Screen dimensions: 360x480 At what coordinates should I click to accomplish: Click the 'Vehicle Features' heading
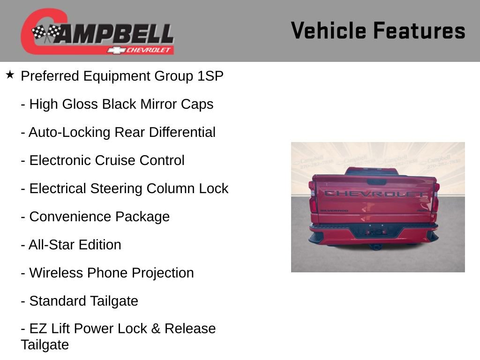tap(378, 31)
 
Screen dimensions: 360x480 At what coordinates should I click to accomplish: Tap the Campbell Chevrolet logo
tap(97, 32)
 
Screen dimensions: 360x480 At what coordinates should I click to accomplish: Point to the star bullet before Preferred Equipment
tap(10, 75)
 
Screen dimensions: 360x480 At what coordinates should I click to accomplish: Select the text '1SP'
tap(210, 76)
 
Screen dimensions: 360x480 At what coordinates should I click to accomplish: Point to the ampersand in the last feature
tap(156, 329)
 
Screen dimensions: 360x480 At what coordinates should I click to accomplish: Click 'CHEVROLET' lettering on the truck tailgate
tap(375, 193)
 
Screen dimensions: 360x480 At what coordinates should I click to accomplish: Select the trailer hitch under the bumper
tap(375, 246)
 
